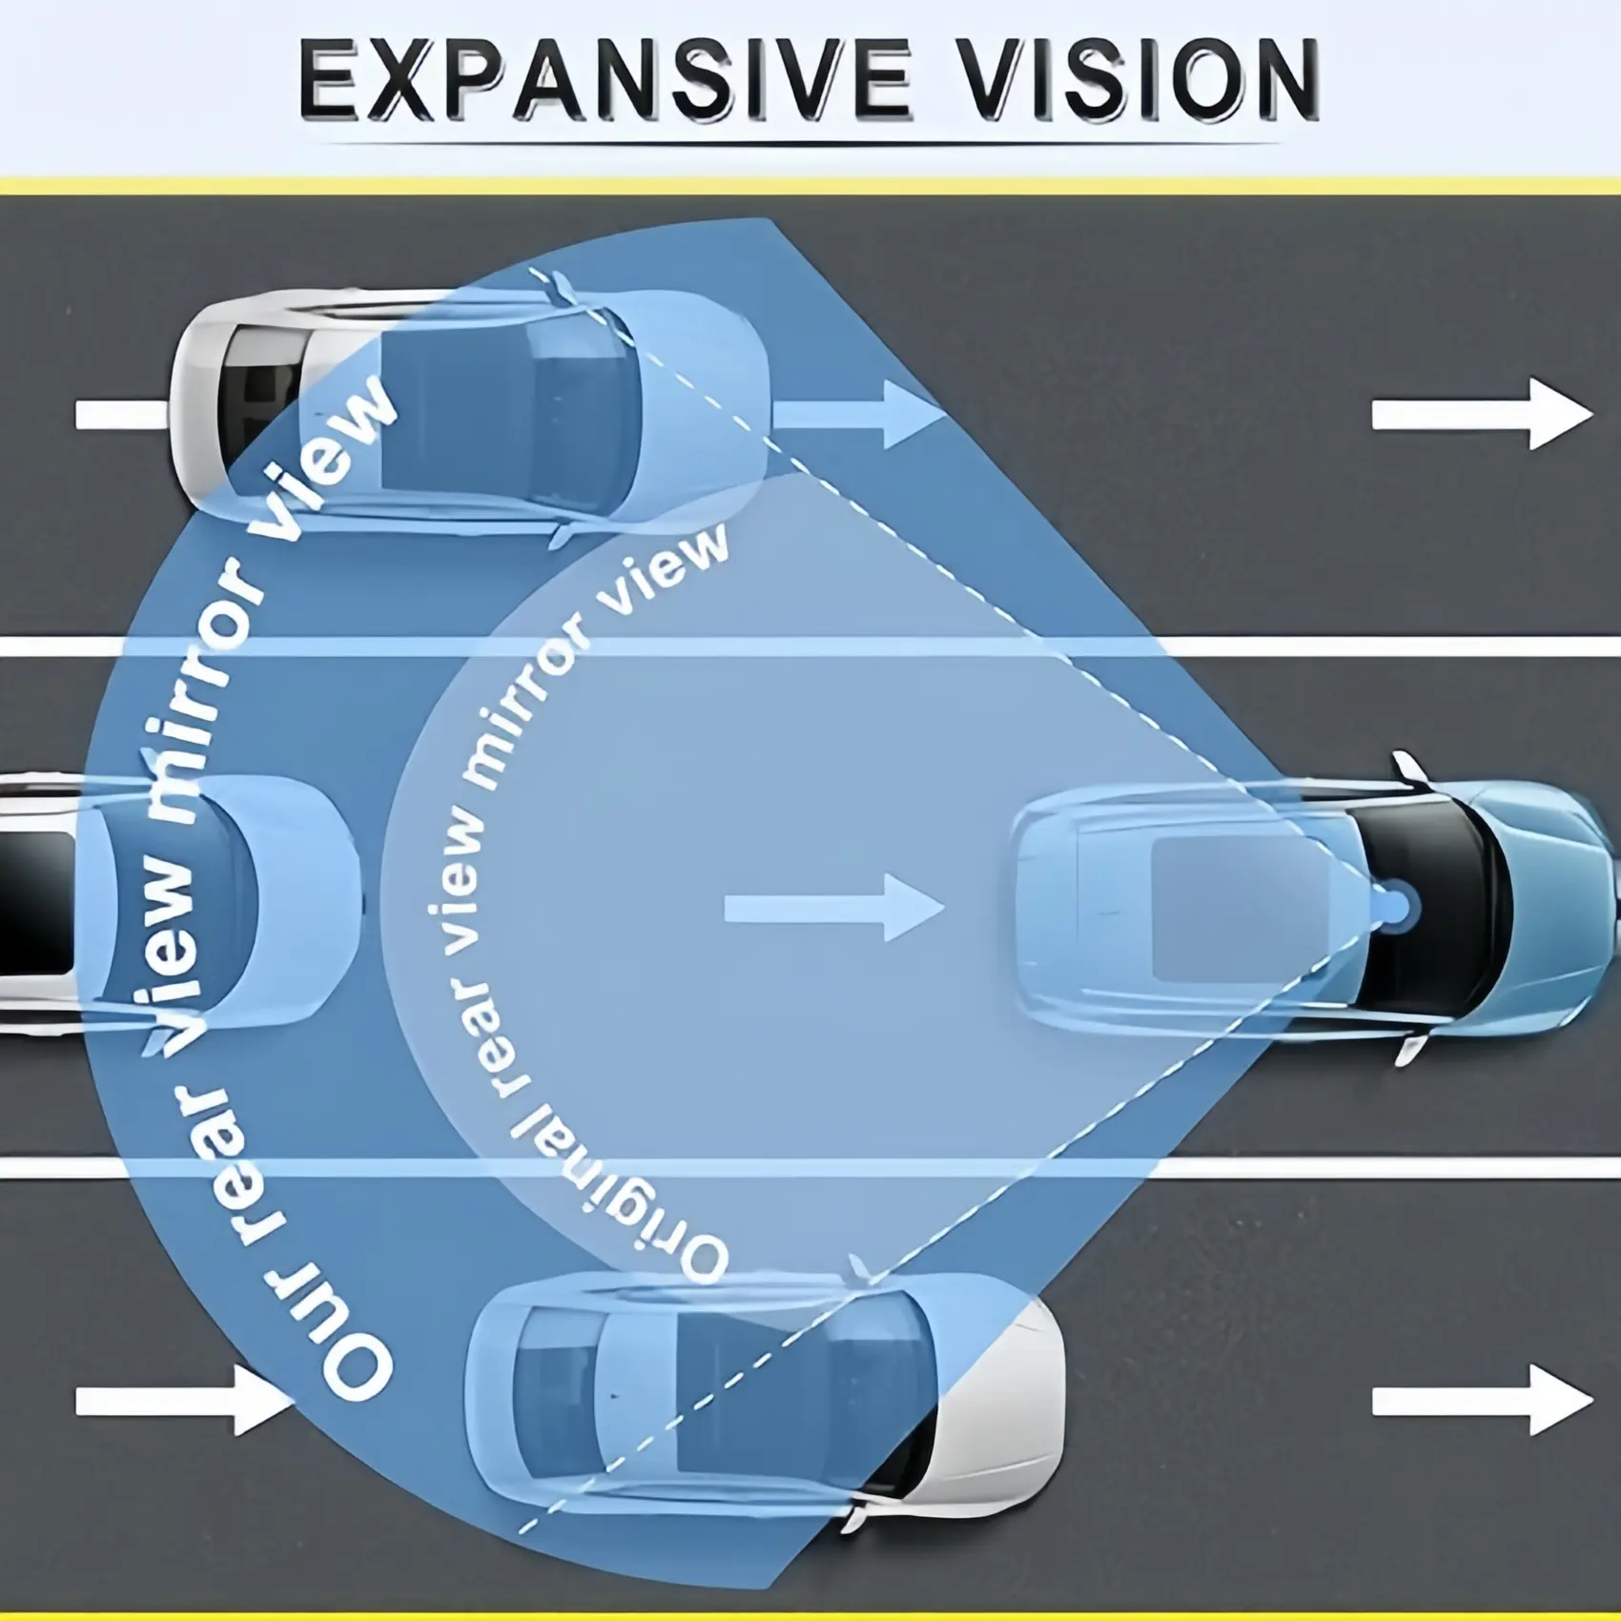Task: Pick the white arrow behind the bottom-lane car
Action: [181, 1400]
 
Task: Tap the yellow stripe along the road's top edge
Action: [810, 185]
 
